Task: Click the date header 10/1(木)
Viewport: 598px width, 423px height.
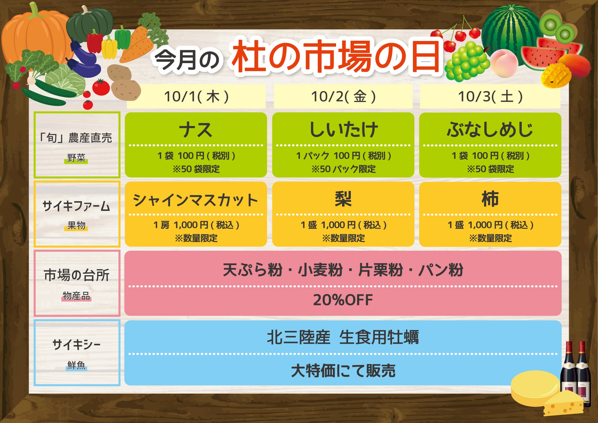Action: point(196,97)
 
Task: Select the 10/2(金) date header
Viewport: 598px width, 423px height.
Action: point(343,97)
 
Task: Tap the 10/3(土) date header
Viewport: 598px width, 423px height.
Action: point(490,97)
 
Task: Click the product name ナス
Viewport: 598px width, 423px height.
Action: point(196,130)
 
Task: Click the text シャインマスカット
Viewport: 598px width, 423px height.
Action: point(196,200)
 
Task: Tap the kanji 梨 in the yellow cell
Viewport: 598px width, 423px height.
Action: point(343,199)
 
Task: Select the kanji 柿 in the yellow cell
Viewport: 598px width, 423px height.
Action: point(490,199)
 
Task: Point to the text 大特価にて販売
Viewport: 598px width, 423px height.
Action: point(343,371)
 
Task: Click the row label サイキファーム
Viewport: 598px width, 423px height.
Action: point(77,206)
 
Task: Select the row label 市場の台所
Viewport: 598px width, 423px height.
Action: point(77,275)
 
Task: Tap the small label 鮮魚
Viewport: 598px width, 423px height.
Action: point(76,365)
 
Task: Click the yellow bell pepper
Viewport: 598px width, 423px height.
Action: point(109,48)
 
